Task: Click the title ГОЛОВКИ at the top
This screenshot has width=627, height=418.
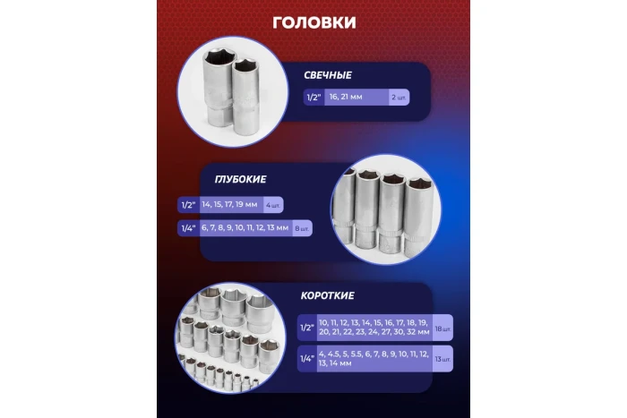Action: tap(313, 21)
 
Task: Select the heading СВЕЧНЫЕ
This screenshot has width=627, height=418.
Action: tap(329, 75)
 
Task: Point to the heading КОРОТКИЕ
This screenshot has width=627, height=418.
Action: tap(329, 295)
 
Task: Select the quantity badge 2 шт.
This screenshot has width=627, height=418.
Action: tap(399, 98)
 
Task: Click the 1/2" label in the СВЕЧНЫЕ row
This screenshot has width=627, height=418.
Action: tap(313, 98)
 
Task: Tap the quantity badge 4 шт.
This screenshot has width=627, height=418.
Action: tap(273, 204)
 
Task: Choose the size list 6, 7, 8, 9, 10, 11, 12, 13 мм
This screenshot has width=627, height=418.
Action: tap(245, 228)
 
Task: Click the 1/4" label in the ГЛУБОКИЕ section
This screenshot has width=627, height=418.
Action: tap(189, 228)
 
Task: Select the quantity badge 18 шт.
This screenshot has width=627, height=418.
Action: tap(442, 328)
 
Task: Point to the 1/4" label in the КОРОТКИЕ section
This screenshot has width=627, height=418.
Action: tap(305, 359)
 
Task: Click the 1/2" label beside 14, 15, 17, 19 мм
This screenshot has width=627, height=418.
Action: tap(189, 204)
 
